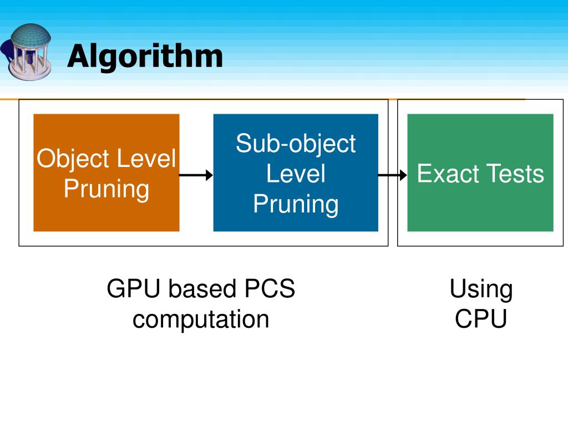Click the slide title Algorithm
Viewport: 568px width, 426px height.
point(145,56)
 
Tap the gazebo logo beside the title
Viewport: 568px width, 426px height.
point(27,52)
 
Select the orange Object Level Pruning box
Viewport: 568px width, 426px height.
point(106,173)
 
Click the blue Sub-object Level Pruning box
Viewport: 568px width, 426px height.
point(296,173)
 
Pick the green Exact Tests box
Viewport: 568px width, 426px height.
point(480,173)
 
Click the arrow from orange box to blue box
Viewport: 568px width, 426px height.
point(196,175)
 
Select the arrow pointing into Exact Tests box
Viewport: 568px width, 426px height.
point(393,175)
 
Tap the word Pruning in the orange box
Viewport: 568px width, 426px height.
point(106,190)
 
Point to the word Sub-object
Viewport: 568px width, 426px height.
point(296,144)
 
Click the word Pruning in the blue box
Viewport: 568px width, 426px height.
point(296,204)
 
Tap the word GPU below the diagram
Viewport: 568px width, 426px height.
point(133,288)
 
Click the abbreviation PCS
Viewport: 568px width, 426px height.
point(270,288)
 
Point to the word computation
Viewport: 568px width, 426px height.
point(201,319)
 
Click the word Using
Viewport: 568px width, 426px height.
point(481,290)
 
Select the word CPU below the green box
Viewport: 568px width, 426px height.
point(481,319)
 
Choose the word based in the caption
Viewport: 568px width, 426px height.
point(202,288)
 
